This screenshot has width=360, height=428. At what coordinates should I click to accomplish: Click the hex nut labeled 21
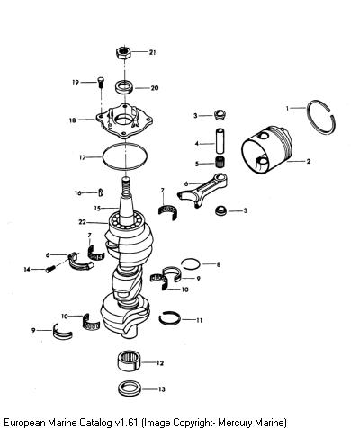pyautogui.click(x=123, y=53)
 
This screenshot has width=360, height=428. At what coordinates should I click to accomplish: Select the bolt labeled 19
pyautogui.click(x=101, y=82)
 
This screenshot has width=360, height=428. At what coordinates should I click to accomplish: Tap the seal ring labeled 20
pyautogui.click(x=124, y=86)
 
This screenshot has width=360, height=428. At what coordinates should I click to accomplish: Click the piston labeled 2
pyautogui.click(x=267, y=150)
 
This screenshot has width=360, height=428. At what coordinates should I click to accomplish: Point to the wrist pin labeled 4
pyautogui.click(x=220, y=141)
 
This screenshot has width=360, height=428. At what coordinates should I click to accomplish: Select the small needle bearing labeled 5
pyautogui.click(x=220, y=162)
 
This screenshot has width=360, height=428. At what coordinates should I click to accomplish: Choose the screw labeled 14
pyautogui.click(x=50, y=269)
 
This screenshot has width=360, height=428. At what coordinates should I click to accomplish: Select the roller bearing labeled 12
pyautogui.click(x=129, y=361)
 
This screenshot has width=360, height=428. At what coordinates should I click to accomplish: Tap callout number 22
pyautogui.click(x=82, y=222)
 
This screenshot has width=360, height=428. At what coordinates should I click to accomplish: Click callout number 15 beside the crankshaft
pyautogui.click(x=97, y=208)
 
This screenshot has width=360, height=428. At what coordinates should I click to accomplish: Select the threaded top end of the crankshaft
pyautogui.click(x=126, y=185)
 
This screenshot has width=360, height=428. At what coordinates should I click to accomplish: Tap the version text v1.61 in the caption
pyautogui.click(x=126, y=423)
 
